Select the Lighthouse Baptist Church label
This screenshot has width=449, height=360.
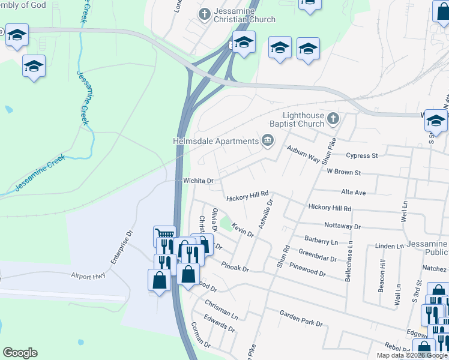[x=304, y=119]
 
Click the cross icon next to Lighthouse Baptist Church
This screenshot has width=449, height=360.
[x=334, y=119]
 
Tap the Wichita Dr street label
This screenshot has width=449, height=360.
[x=194, y=181]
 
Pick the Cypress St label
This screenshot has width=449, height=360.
[x=362, y=155]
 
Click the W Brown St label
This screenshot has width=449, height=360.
[x=343, y=172]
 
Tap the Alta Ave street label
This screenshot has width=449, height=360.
[x=353, y=193]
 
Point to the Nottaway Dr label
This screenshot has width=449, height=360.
[x=342, y=227]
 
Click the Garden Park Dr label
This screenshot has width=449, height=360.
[x=301, y=318]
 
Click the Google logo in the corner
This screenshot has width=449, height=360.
[x=20, y=353]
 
